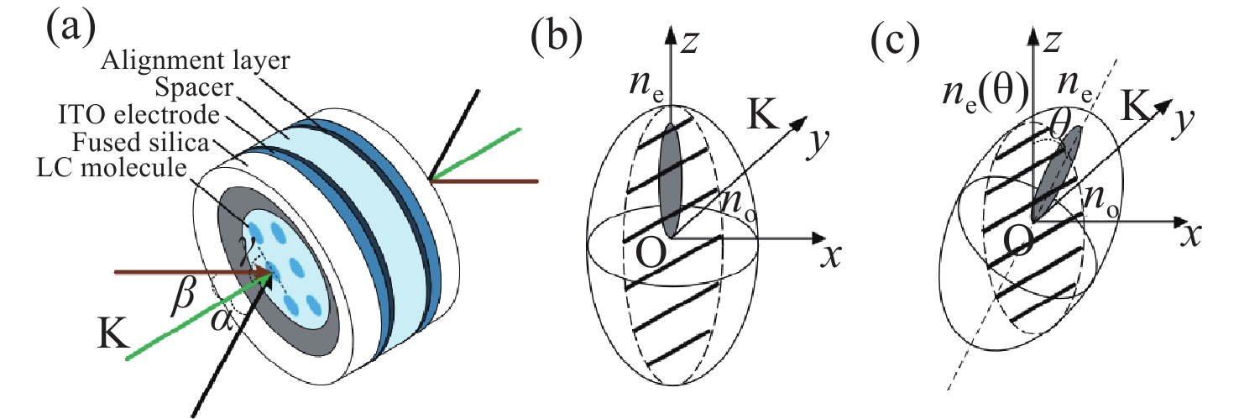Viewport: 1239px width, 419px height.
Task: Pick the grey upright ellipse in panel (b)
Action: tap(670, 180)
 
